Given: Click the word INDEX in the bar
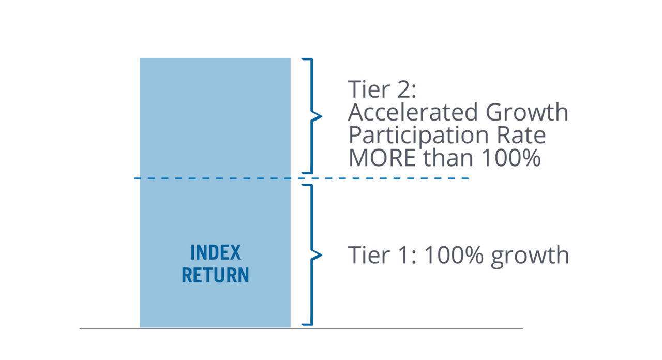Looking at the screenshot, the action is (x=216, y=252).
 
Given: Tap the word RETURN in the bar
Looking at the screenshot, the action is (x=216, y=275).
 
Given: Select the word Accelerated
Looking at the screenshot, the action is (x=413, y=112).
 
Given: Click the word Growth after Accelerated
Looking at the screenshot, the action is (x=527, y=112).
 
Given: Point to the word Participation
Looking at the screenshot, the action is (x=418, y=136).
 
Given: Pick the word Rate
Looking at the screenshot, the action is (x=521, y=135).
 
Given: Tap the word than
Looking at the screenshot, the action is (x=448, y=158).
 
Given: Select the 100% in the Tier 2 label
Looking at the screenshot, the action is (x=511, y=158).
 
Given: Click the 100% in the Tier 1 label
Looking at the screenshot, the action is (x=454, y=255).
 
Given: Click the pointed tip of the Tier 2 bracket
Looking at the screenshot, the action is (x=322, y=116).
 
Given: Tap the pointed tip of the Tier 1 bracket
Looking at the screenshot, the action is (x=322, y=255).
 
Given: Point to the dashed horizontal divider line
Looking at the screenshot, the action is (x=302, y=178).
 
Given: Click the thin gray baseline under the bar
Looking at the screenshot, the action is (x=301, y=328).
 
